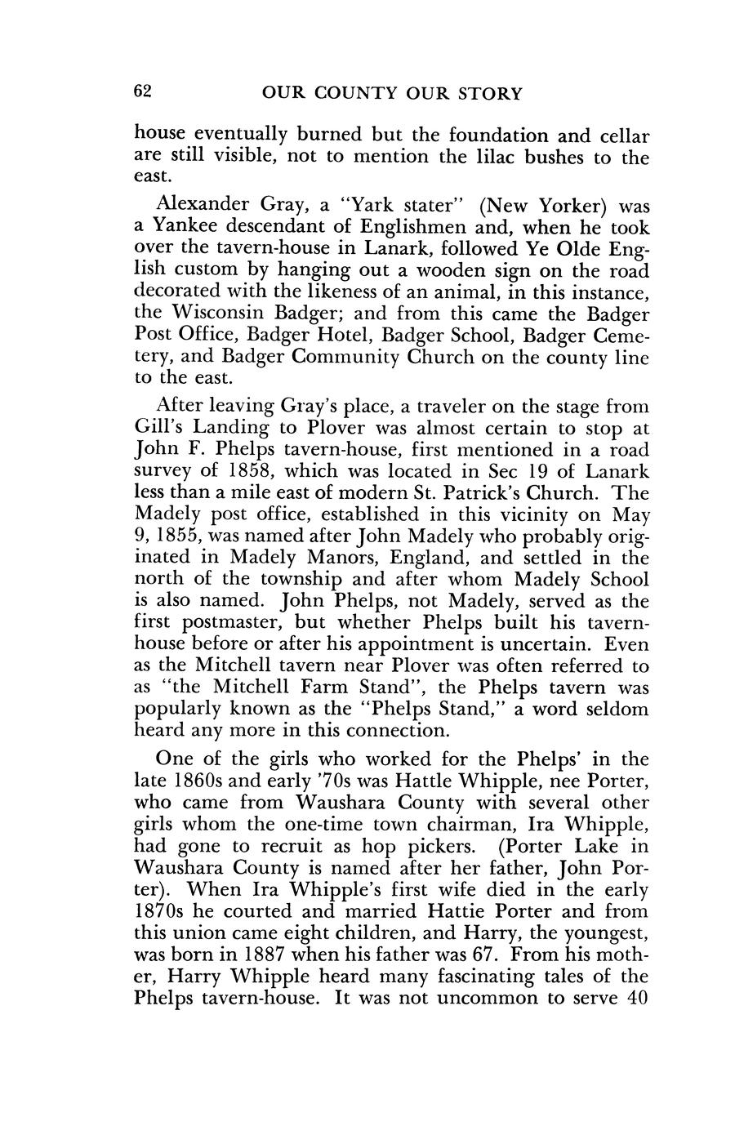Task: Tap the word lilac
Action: [504, 157]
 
